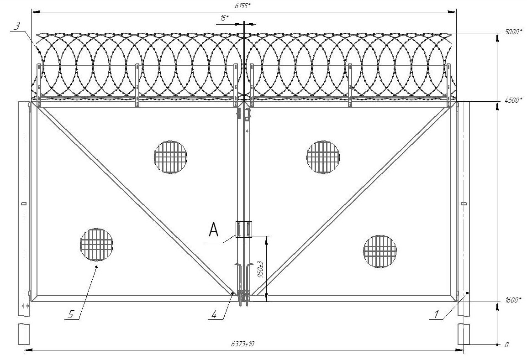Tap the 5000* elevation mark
[x=513, y=32]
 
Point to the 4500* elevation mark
[x=513, y=100]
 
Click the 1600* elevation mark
[x=513, y=300]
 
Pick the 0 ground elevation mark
[x=507, y=344]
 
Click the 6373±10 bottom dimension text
[x=242, y=344]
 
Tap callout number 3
[x=17, y=26]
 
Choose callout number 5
[x=71, y=314]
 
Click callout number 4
[x=214, y=314]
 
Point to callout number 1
[x=436, y=314]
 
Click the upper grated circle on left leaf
[x=170, y=157]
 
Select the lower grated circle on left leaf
[x=96, y=244]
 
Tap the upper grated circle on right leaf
[x=323, y=157]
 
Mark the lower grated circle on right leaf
[x=380, y=251]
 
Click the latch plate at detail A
[x=244, y=230]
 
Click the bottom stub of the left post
[x=24, y=334]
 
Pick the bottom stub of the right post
[x=464, y=334]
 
